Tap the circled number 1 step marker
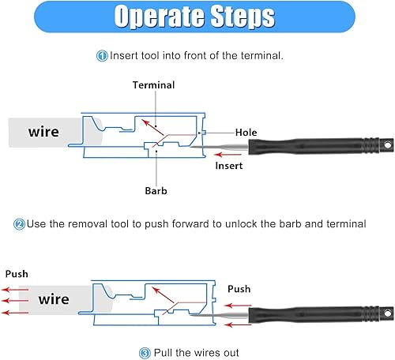pyautogui.click(x=103, y=56)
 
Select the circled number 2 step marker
pyautogui.click(x=19, y=223)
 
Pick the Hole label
pyautogui.click(x=246, y=133)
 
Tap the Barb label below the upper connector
pyautogui.click(x=156, y=190)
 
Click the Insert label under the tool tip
pyautogui.click(x=228, y=167)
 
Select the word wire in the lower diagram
pyautogui.click(x=54, y=299)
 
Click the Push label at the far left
pyautogui.click(x=17, y=273)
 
